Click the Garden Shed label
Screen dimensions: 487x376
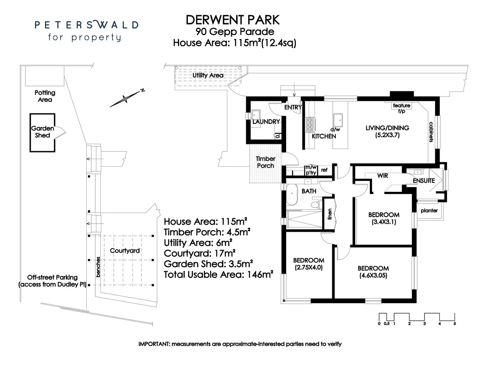42,132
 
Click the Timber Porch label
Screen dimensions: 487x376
265,162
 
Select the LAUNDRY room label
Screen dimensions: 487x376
266,122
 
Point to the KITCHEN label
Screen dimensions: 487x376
324,136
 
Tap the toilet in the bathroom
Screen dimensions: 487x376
316,205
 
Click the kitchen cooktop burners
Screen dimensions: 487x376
310,124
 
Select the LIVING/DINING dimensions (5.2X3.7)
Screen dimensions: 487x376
387,135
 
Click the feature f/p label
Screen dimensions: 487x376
401,108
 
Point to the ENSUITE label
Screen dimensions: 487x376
424,181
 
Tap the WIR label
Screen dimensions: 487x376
382,176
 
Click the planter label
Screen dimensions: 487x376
429,210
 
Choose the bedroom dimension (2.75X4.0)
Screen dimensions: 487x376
308,268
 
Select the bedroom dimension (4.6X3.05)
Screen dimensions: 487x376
373,275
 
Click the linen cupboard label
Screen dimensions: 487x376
330,214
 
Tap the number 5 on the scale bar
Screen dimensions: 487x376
455,323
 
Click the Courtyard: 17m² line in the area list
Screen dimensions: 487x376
199,253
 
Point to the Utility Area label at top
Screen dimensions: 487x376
208,75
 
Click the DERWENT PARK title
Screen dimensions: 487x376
233,20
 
